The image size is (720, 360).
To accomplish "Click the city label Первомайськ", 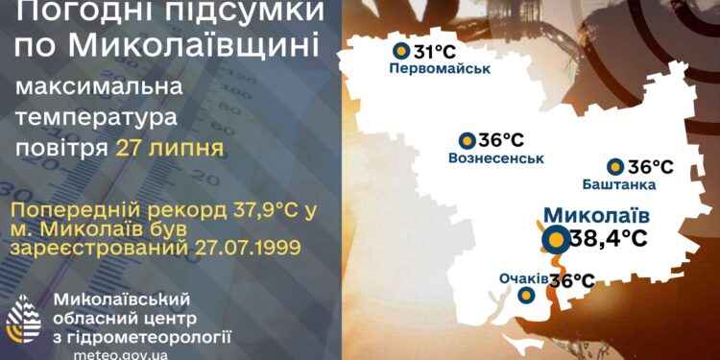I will click(x=440, y=69).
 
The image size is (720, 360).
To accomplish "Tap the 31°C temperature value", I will click(x=433, y=50).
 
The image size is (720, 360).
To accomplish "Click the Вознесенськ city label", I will click(x=495, y=157).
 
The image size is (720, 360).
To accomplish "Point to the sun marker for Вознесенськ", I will click(x=467, y=140).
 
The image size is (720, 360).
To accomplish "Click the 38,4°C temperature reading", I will click(x=609, y=238).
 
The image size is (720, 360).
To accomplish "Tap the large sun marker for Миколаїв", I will click(x=554, y=239).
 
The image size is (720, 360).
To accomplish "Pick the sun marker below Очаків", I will click(x=525, y=297).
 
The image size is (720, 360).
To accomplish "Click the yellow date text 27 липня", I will click(x=169, y=148).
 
